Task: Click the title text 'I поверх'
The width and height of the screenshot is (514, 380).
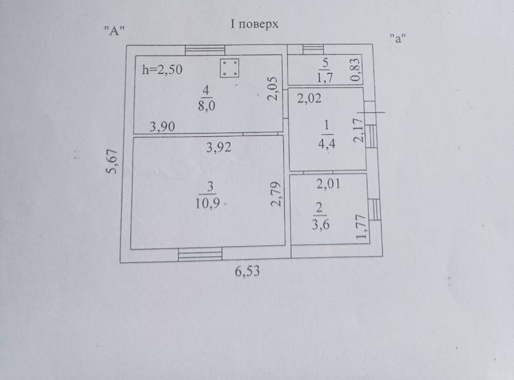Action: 254,24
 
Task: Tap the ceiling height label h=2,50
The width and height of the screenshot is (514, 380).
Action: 162,70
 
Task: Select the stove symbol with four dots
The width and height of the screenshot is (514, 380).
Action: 229,68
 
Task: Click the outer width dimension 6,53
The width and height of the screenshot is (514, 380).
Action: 247,271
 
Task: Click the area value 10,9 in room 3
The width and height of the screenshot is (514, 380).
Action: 207,203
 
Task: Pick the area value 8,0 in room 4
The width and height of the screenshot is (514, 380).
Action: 207,106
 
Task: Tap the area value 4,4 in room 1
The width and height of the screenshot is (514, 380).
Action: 327,143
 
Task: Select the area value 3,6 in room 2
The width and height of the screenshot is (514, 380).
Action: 321,225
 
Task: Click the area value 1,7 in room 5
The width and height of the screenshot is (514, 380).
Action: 324,77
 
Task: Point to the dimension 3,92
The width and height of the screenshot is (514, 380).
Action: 219,148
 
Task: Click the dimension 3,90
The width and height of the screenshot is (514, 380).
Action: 162,127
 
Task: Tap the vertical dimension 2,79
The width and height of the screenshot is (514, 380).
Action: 276,194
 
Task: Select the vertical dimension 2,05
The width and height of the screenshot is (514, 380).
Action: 273,89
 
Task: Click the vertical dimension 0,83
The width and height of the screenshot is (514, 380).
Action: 356,69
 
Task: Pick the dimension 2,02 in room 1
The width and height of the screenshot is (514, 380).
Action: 309,98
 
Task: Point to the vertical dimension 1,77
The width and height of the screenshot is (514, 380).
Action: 361,227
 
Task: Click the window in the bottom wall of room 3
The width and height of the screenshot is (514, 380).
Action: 200,254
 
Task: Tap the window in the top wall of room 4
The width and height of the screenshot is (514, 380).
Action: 205,50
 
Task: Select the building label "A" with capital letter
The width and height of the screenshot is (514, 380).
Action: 115,31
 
